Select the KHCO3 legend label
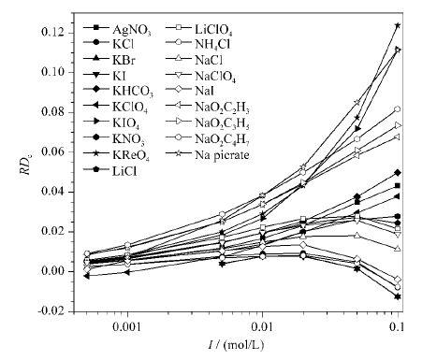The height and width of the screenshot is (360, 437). pyautogui.click(x=133, y=91)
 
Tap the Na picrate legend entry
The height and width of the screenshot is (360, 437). pyautogui.click(x=222, y=155)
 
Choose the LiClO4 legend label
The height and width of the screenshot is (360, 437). pyautogui.click(x=213, y=30)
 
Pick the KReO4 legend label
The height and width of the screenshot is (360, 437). pyautogui.click(x=131, y=154)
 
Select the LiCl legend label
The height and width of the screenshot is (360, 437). pyautogui.click(x=124, y=171)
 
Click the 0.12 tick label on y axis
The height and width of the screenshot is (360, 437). pyautogui.click(x=54, y=33)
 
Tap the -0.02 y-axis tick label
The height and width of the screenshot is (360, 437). pyautogui.click(x=52, y=311)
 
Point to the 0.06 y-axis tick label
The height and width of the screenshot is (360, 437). pyautogui.click(x=54, y=151)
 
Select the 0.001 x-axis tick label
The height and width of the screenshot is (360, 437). pyautogui.click(x=127, y=327)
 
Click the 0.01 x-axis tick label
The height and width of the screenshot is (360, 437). pyautogui.click(x=262, y=327)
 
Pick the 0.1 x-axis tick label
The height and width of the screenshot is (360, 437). pyautogui.click(x=398, y=327)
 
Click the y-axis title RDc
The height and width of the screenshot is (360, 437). pyautogui.click(x=26, y=166)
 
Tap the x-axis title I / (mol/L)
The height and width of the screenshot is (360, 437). pyautogui.click(x=236, y=345)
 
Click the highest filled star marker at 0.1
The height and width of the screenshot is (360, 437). pyautogui.click(x=398, y=25)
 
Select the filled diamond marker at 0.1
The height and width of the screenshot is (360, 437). pyautogui.click(x=398, y=172)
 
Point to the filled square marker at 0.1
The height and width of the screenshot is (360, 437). pyautogui.click(x=398, y=186)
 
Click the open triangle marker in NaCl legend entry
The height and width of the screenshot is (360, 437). pyautogui.click(x=179, y=59)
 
